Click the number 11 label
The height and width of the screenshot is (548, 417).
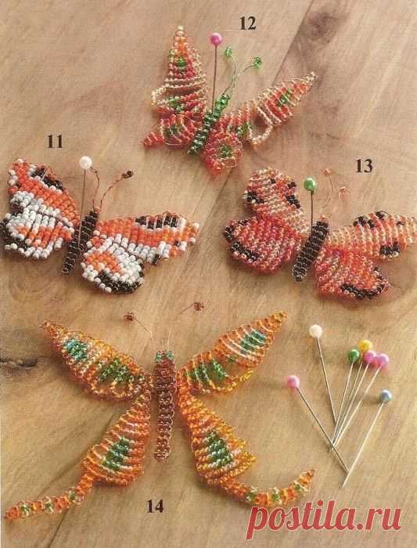click(56, 142)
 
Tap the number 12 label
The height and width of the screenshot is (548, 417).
click(247, 23)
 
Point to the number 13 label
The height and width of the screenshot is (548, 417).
click(364, 166)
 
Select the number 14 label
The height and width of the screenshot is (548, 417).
click(156, 506)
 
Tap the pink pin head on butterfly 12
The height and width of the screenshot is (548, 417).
click(216, 38)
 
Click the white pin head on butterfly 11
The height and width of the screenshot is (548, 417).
click(85, 162)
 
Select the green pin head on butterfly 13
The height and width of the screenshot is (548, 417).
click(310, 184)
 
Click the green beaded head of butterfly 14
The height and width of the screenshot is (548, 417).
click(164, 356)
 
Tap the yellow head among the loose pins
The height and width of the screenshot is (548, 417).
click(365, 345)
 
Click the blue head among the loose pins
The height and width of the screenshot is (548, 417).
click(386, 395)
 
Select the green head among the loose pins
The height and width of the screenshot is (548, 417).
click(354, 355)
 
